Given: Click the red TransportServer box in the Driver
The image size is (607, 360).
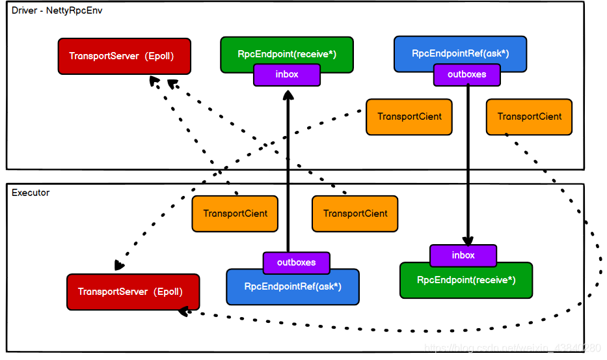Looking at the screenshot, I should click(x=124, y=56).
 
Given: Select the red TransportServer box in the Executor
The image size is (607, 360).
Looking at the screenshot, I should click(x=133, y=292).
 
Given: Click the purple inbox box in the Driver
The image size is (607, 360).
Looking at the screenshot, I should click(x=287, y=75).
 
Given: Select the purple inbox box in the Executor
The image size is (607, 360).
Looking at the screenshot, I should click(x=463, y=255).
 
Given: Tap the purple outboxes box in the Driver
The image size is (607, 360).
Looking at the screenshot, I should click(x=467, y=75).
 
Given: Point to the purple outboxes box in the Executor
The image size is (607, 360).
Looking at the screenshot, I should click(x=296, y=262).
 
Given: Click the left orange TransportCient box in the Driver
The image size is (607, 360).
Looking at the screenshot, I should click(x=409, y=117).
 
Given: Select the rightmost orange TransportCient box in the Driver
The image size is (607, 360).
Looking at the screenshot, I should click(x=529, y=117).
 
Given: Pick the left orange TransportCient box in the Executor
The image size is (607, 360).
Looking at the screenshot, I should click(x=235, y=214).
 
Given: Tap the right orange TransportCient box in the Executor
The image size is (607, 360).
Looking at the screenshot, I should click(x=355, y=214).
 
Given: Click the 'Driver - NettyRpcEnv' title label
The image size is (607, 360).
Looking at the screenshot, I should click(x=57, y=11).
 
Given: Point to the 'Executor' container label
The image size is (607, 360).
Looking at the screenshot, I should click(x=31, y=193).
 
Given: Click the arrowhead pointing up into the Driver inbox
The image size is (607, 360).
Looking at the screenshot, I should click(x=287, y=95).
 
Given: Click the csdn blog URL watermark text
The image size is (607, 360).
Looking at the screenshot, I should click(x=511, y=349).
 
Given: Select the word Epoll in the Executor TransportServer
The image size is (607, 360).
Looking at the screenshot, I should click(x=168, y=292).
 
